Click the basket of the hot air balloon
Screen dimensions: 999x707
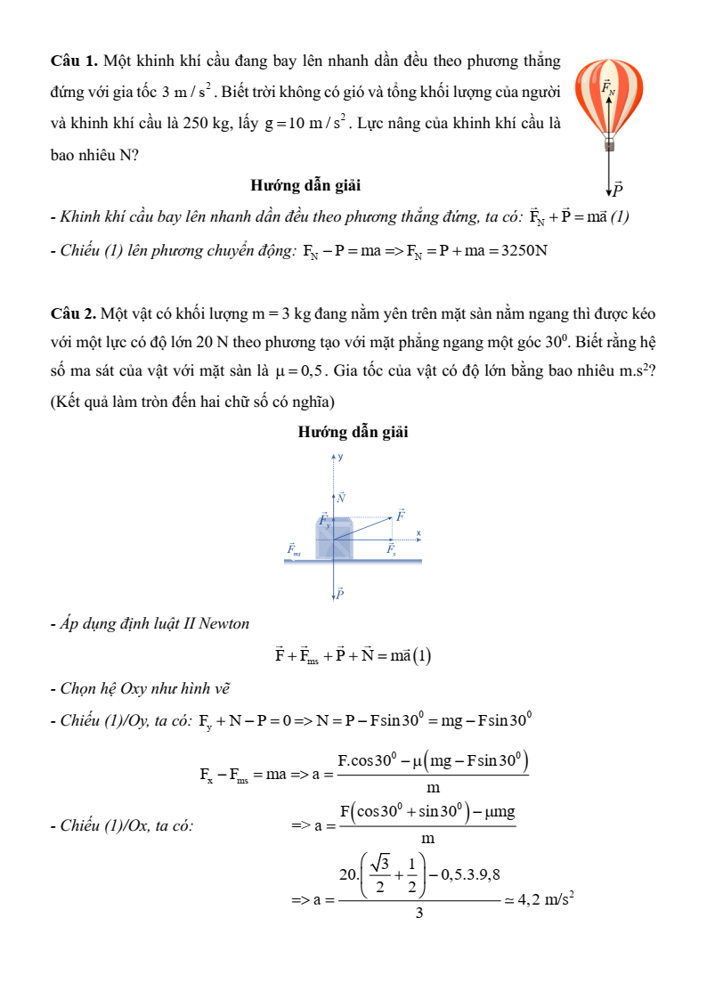click(x=609, y=143)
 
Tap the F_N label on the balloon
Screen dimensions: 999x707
click(x=608, y=87)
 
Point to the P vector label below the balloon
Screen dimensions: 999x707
click(x=617, y=189)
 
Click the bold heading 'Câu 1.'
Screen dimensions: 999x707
click(x=75, y=61)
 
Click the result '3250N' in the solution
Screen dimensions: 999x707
click(x=524, y=250)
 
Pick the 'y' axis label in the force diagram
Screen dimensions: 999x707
click(x=340, y=457)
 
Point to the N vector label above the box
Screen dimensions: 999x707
click(x=341, y=497)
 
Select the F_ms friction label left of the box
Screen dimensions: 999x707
click(x=294, y=550)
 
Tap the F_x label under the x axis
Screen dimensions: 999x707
click(x=391, y=550)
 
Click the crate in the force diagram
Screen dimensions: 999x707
click(x=334, y=539)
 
